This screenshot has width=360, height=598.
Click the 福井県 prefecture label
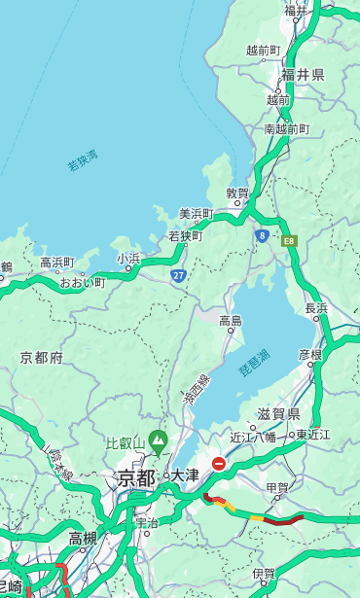pos(303,75)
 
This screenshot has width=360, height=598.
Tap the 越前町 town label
pos(263,51)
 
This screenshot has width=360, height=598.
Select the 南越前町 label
pos(286,128)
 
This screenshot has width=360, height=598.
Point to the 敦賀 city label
pos(237,193)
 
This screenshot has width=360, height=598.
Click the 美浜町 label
pos(196,214)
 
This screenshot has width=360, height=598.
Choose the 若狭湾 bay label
pos(82,160)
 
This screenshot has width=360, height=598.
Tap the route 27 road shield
pos(178,276)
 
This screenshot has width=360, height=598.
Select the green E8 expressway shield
pos(289,240)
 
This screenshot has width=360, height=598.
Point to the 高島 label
pos(231,321)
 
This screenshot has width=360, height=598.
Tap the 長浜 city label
pos(316,308)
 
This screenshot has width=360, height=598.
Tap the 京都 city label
pos(136,477)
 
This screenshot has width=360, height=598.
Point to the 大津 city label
pos(184,475)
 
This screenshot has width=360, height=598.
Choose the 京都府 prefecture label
pos(42,358)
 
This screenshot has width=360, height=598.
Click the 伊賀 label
pos(263,575)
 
